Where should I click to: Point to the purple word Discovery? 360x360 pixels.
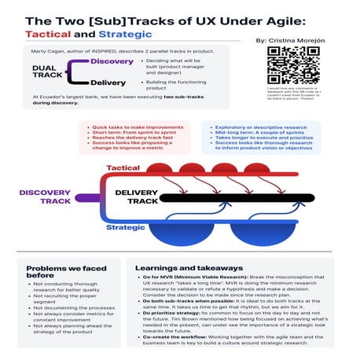(x=112, y=61)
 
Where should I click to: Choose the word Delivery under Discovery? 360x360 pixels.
(x=108, y=82)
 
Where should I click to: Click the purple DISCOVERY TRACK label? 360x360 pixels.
(x=45, y=197)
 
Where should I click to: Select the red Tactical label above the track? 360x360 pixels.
(x=123, y=168)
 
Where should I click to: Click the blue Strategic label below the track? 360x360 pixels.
(x=125, y=228)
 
